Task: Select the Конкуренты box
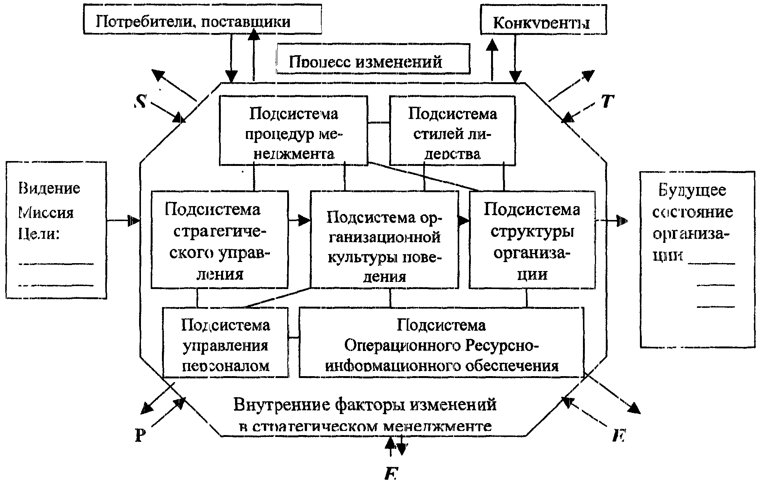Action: click(x=543, y=20)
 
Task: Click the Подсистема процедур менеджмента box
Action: click(x=293, y=131)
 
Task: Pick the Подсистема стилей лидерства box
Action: click(x=452, y=131)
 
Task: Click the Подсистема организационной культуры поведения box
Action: click(x=384, y=240)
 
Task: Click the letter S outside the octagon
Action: click(x=140, y=101)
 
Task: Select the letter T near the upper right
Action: click(x=608, y=101)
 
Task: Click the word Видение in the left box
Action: click(x=49, y=188)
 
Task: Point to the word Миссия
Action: click(x=46, y=212)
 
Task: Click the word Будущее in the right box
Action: click(x=692, y=190)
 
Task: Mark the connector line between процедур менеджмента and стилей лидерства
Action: click(x=378, y=122)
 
